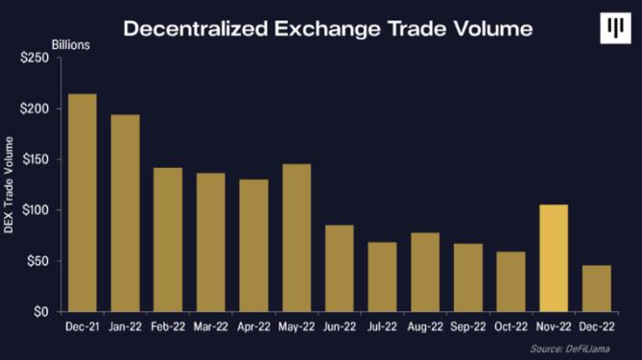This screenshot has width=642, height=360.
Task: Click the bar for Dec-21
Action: point(83,203)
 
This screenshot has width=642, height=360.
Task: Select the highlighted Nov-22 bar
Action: point(554,258)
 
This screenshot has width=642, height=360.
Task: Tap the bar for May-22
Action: point(297,237)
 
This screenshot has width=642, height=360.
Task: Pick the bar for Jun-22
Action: point(340,268)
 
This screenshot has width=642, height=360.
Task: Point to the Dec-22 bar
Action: point(597,288)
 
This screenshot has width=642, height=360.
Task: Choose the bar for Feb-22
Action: point(168,240)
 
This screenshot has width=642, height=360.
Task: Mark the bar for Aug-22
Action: point(425,272)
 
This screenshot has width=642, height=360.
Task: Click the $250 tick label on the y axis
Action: point(35,58)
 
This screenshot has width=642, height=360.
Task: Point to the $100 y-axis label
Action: point(36,210)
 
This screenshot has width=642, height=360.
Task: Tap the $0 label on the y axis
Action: point(41,312)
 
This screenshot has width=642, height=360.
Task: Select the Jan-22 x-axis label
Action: point(126,326)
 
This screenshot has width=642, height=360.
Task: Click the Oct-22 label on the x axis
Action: point(511,326)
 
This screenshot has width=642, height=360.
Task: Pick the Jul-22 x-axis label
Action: point(382,326)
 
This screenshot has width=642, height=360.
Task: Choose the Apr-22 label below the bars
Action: point(254,326)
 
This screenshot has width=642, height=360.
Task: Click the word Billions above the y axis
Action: point(71,45)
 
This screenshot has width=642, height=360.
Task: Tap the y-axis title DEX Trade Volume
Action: point(9,185)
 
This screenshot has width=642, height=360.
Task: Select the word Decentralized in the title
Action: point(196,29)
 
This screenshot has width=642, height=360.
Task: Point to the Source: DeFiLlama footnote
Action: point(570,348)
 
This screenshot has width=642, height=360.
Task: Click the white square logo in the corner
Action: point(616,28)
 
